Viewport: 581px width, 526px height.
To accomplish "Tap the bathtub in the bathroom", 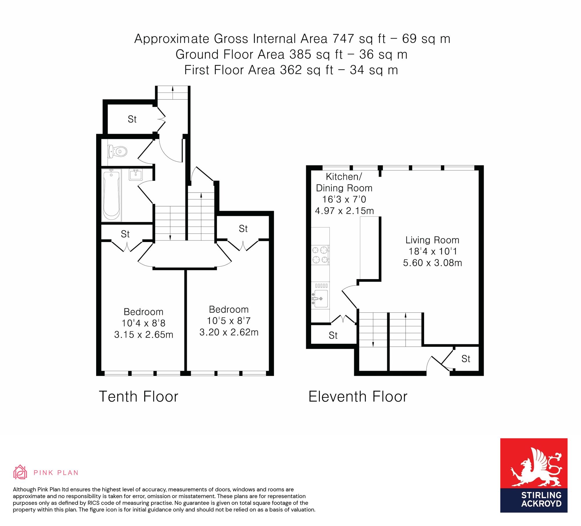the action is click(111, 195).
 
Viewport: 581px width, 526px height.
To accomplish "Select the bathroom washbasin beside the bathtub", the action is click(136, 175).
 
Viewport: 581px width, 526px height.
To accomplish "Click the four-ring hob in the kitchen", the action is click(320, 255).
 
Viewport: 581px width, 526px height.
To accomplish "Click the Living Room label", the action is click(432, 240).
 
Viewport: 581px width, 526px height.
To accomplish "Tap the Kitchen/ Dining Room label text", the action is click(344, 182).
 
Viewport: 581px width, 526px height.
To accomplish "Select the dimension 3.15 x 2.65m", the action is click(144, 335).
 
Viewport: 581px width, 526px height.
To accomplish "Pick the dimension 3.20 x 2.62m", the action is click(229, 332).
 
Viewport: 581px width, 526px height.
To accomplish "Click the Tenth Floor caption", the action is click(139, 396).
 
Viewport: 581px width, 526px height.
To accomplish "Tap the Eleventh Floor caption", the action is click(358, 396).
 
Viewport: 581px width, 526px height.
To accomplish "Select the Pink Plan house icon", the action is click(20, 472).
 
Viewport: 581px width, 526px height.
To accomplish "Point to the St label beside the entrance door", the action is click(466, 359).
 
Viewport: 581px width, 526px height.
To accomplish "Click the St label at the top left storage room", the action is click(132, 119).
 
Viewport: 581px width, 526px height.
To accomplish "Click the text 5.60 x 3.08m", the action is click(433, 263).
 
